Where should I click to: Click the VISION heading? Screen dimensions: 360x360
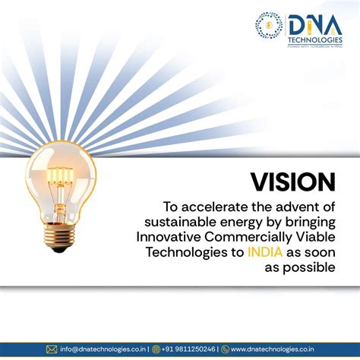(292, 182)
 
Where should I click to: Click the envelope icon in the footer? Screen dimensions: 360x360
(52, 349)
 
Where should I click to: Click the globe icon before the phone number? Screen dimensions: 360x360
(156, 349)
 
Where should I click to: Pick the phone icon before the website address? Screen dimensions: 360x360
(226, 349)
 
